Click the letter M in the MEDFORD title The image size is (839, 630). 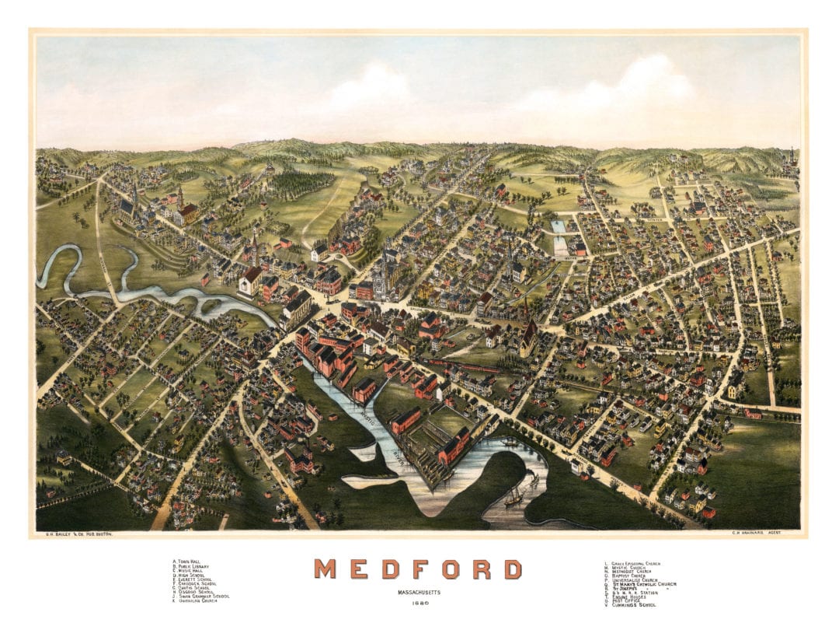tap(326, 569)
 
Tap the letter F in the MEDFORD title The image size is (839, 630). tap(419, 569)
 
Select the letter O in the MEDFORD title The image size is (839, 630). tap(451, 569)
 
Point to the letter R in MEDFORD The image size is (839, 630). tap(482, 569)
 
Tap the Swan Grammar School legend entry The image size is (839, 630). tap(201, 597)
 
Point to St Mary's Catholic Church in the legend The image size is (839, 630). tap(644, 584)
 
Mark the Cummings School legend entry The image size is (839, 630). tap(628, 605)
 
